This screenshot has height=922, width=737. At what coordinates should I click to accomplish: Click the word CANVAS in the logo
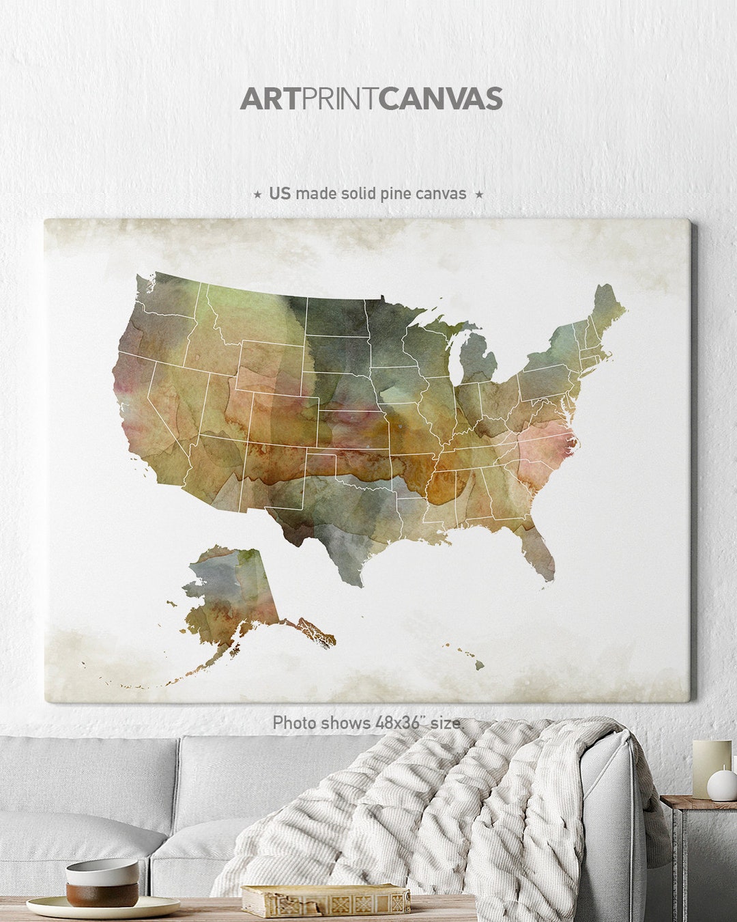(x=442, y=99)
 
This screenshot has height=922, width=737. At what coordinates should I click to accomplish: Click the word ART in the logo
(x=270, y=99)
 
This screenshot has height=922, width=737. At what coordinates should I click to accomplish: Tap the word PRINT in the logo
(x=340, y=99)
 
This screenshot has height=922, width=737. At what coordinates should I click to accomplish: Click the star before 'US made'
(x=257, y=195)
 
